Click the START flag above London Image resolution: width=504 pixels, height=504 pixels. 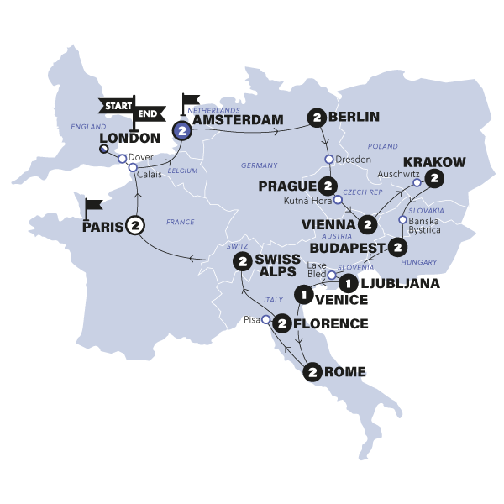click(116, 105)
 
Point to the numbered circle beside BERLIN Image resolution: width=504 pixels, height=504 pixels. click(317, 117)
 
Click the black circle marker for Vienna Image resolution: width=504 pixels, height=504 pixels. click(366, 225)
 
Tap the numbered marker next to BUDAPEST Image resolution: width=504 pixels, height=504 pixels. click(397, 248)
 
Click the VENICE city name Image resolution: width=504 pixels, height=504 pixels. click(340, 299)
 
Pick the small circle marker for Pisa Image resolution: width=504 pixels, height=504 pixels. click(266, 320)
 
